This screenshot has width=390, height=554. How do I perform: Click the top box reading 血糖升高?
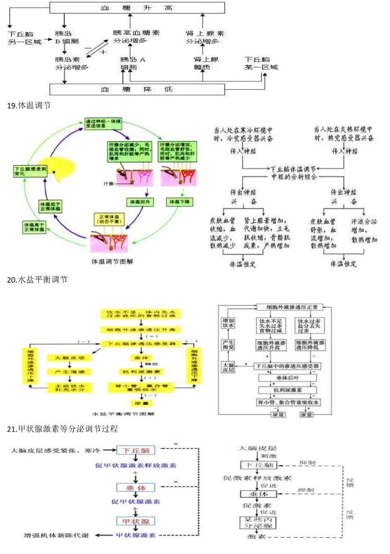[x=137, y=7]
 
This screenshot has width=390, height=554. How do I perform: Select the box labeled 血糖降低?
[x=137, y=89]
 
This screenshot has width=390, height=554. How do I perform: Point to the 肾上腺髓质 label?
[x=203, y=63]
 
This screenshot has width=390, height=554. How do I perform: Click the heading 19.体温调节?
[x=30, y=106]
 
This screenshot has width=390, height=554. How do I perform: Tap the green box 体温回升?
[x=138, y=202]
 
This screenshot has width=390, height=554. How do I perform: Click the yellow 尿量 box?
[x=138, y=403]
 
